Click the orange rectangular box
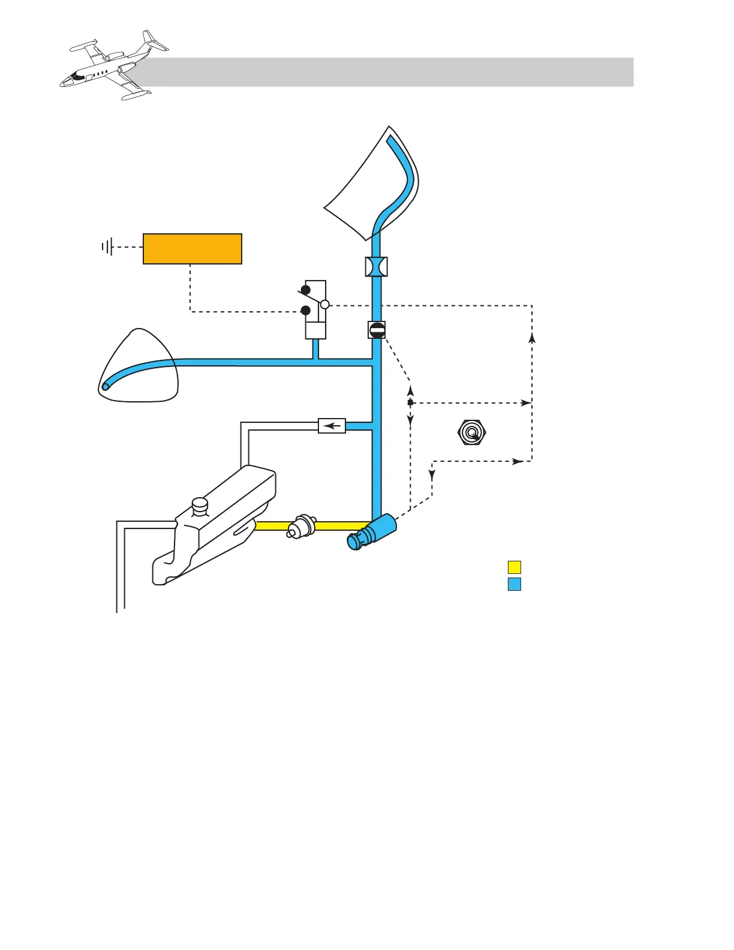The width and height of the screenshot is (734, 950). coord(192,248)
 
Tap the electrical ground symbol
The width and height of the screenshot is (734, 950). coord(107,246)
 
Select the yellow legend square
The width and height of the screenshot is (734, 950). coord(514,567)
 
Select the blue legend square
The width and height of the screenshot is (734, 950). coord(514,584)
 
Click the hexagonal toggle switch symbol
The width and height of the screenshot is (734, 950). coord(471,432)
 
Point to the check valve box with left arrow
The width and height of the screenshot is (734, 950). coord(332,426)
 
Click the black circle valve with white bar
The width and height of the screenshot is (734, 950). coord(377,329)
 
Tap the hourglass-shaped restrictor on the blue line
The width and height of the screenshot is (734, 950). coord(377,266)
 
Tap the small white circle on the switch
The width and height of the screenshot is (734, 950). coord(325,305)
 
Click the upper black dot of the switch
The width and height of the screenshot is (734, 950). coord(305,290)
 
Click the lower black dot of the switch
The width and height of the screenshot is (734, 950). coord(305,310)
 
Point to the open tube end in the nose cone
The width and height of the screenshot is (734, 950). coord(106,386)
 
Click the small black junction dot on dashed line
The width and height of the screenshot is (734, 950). coord(410,402)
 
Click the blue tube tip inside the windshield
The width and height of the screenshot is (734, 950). coord(390,140)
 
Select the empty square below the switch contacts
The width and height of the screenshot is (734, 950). coord(315,330)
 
